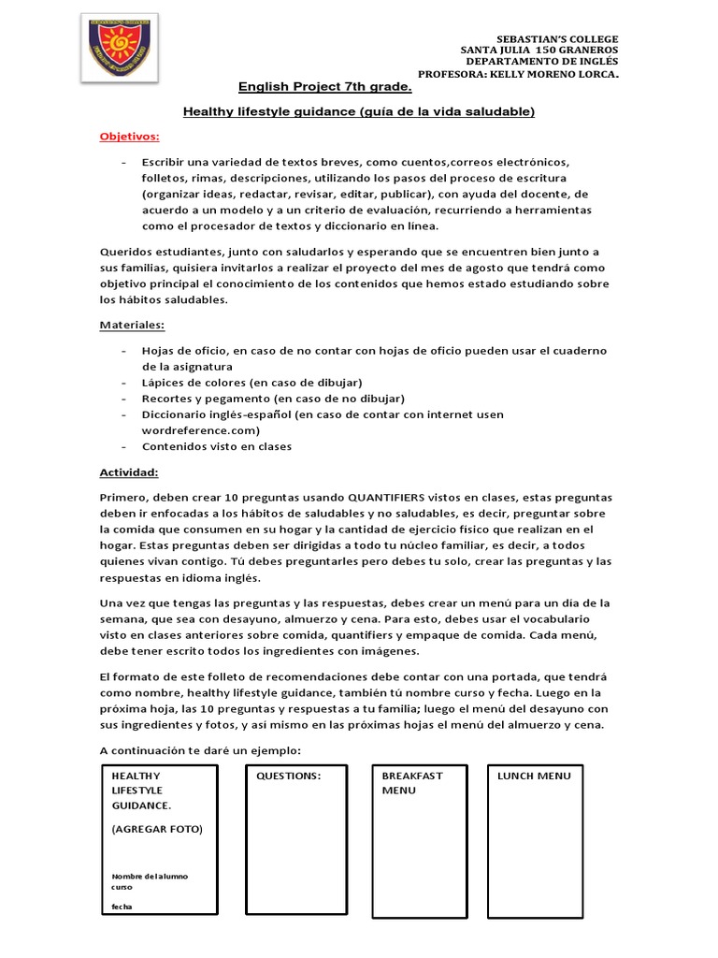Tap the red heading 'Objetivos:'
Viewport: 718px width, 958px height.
[x=130, y=137]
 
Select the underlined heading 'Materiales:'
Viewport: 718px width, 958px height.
[x=133, y=326]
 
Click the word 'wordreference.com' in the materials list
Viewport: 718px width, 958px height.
[x=200, y=430]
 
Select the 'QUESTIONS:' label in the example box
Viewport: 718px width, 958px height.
[x=288, y=776]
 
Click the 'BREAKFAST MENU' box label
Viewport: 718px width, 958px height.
[x=412, y=783]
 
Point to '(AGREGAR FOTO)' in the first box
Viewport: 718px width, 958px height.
[x=156, y=829]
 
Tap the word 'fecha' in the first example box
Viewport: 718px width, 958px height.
[x=122, y=907]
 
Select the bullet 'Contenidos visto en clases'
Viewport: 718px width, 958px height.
[x=216, y=446]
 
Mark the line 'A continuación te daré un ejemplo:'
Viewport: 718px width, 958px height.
[x=201, y=750]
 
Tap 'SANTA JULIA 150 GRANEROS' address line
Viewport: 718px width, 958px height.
[x=539, y=51]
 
